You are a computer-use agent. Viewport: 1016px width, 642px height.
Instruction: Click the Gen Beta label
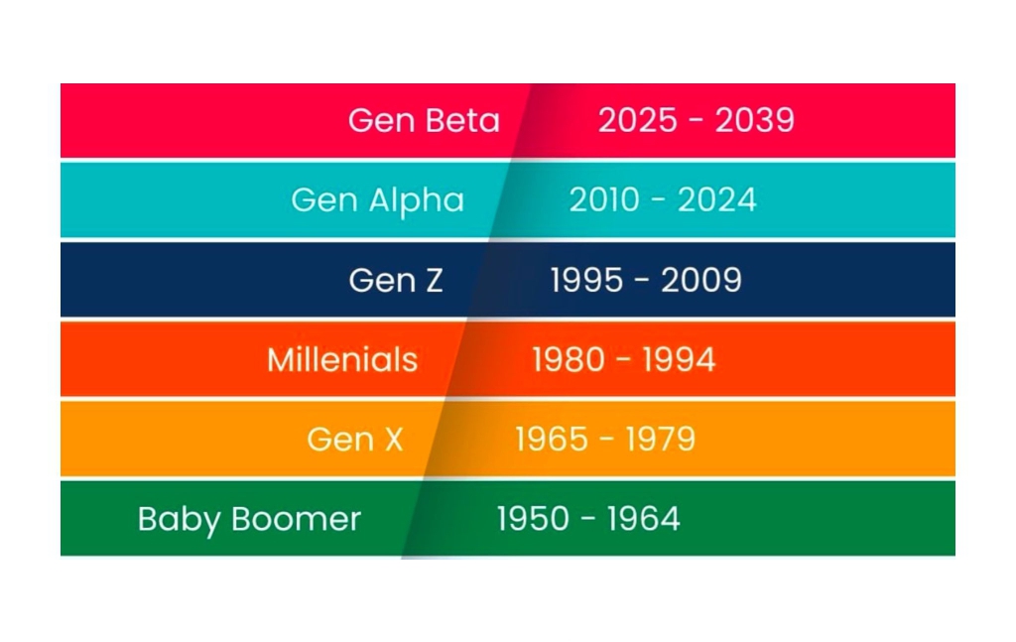[x=424, y=120]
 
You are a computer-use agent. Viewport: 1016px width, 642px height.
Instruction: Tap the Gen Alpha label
[x=378, y=201]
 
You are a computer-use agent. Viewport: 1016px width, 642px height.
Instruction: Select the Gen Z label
[x=395, y=281]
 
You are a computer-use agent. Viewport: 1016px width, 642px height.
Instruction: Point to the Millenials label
[x=342, y=359]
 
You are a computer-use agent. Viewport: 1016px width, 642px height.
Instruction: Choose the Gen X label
[x=354, y=440]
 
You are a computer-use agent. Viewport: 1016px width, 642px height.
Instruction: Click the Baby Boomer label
[x=249, y=520]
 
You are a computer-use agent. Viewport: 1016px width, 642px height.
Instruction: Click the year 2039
[x=755, y=120]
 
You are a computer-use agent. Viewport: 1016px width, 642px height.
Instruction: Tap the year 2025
[x=638, y=120]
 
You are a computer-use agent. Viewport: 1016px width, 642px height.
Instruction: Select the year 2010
[x=604, y=200]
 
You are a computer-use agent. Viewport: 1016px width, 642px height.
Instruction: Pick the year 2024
[x=717, y=200]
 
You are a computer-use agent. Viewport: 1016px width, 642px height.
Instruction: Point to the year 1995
[x=586, y=281]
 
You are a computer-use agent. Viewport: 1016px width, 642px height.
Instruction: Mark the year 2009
[x=701, y=281]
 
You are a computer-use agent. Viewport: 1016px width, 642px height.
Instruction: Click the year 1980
[x=569, y=359]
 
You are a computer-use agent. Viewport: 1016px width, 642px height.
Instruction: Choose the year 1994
[x=679, y=359]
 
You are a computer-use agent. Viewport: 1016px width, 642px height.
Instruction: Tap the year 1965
[x=552, y=440]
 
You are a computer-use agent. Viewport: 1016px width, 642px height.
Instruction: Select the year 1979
[x=660, y=440]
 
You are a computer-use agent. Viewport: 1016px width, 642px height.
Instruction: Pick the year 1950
[x=533, y=519]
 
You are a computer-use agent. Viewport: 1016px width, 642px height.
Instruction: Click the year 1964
[x=643, y=519]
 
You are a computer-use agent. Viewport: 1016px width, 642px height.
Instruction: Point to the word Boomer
[x=296, y=519]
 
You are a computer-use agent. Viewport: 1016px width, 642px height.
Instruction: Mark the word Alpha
[x=417, y=201]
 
